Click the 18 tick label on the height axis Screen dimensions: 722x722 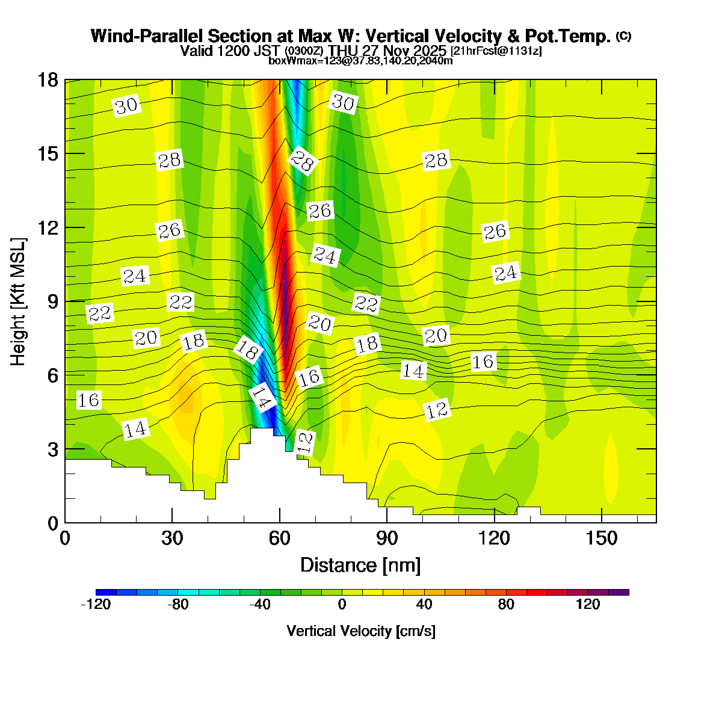(x=48, y=80)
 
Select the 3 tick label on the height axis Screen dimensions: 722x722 (x=53, y=449)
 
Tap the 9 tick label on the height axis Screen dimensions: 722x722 (x=53, y=301)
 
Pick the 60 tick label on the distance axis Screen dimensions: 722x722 (x=279, y=538)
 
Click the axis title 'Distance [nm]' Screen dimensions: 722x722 (x=360, y=566)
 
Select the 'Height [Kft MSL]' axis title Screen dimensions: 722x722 (x=19, y=301)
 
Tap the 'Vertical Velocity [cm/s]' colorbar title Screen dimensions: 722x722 (x=361, y=631)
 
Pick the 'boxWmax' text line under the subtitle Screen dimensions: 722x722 (x=360, y=60)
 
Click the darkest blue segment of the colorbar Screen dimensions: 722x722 (x=106, y=593)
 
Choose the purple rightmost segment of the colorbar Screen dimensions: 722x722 (x=619, y=593)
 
